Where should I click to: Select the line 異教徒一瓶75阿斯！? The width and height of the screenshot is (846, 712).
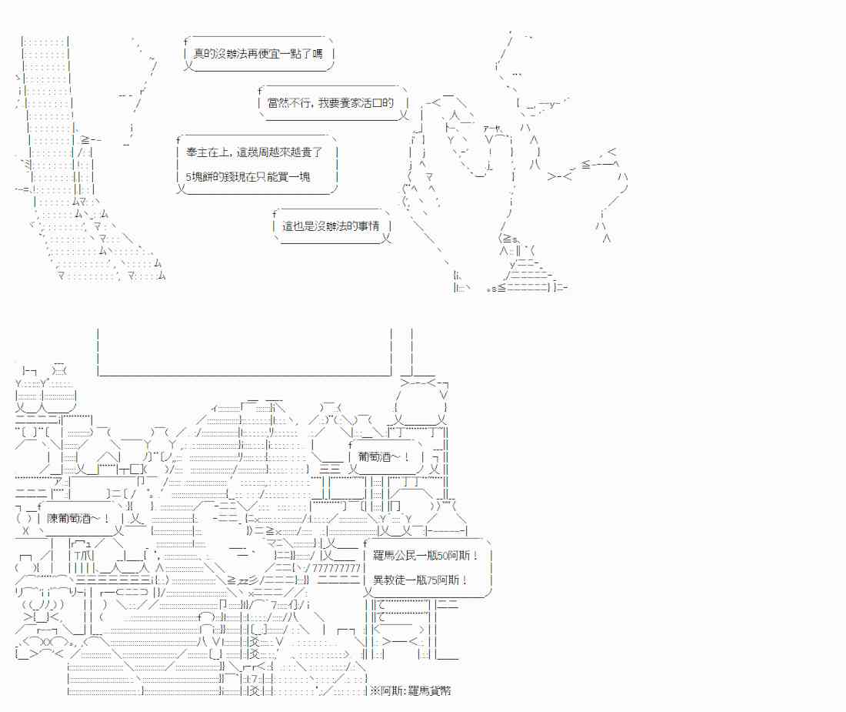tap(421, 580)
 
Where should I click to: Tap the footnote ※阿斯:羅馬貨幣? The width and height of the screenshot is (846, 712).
tap(411, 690)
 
